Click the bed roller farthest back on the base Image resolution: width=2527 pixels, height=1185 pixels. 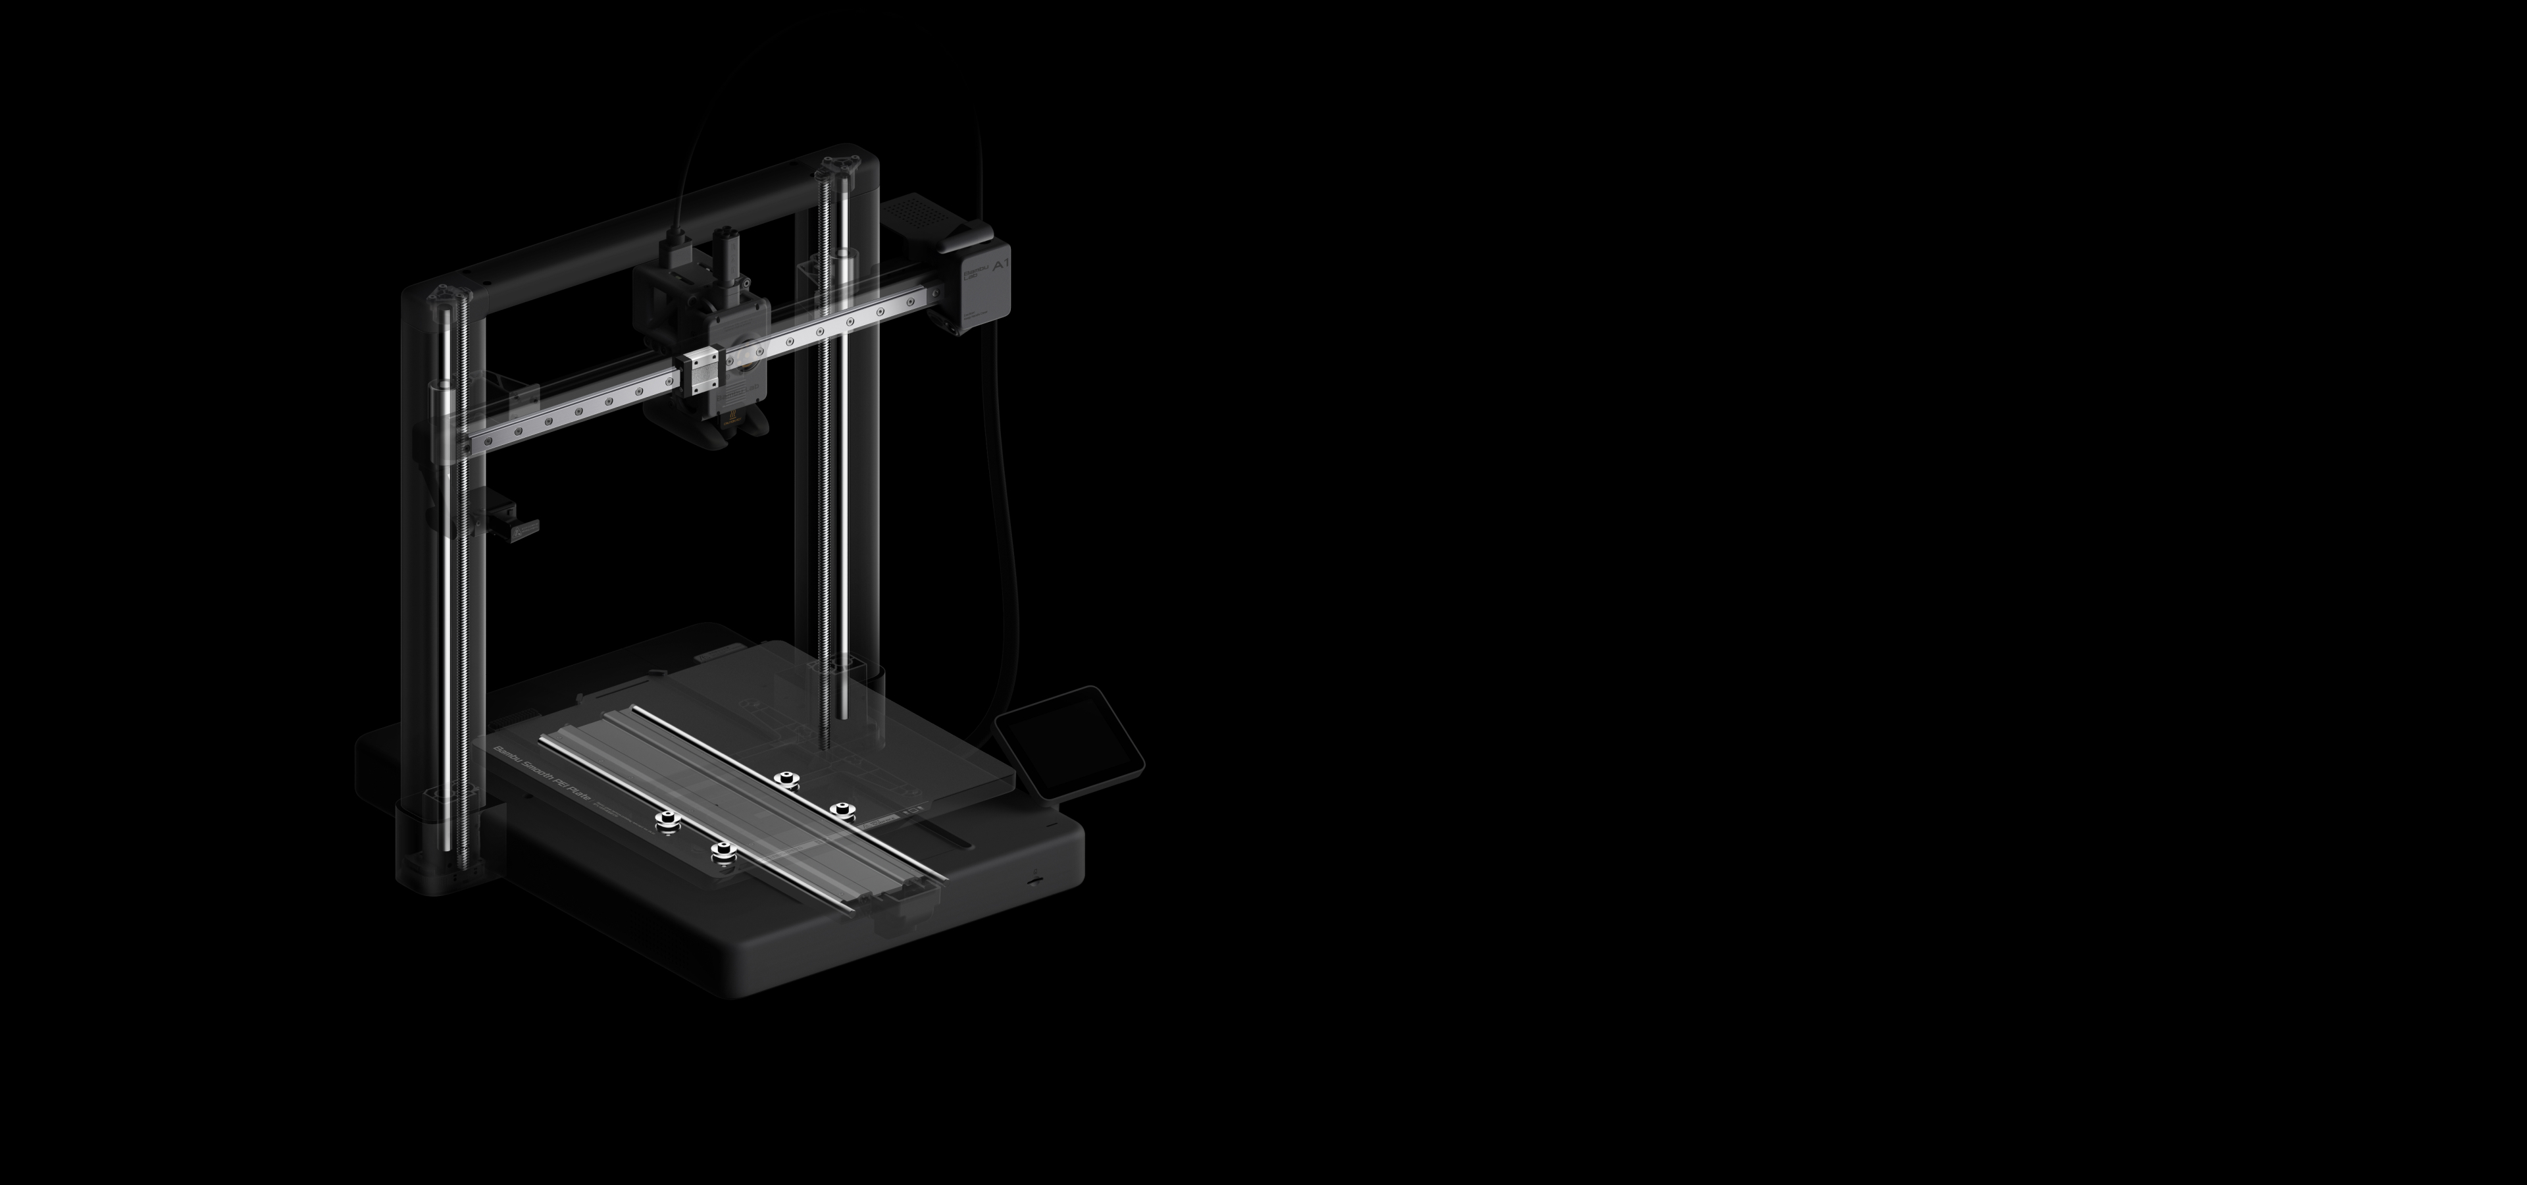[784, 781]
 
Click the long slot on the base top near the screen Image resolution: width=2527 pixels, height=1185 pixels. [948, 839]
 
